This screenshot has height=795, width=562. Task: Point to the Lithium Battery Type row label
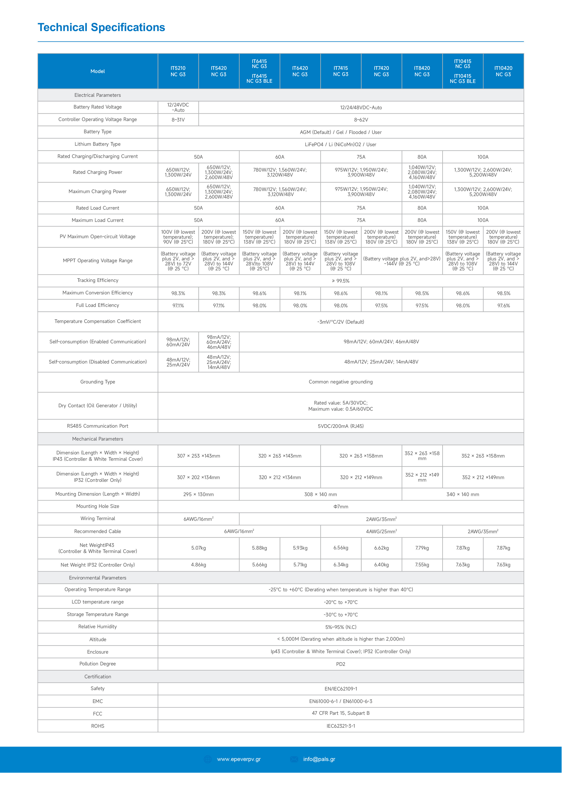tap(98, 144)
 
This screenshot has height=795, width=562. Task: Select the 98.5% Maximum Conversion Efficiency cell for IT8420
tap(422, 293)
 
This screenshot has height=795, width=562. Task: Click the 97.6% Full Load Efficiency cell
tap(503, 306)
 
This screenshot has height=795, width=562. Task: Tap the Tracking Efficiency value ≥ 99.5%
tap(341, 281)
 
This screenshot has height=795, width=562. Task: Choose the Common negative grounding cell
tap(341, 382)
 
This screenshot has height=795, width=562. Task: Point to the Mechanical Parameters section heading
tap(98, 439)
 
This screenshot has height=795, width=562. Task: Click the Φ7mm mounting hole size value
tap(341, 507)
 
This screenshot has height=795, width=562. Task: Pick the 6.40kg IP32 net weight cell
tap(381, 565)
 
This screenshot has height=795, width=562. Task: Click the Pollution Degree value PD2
tap(341, 664)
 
